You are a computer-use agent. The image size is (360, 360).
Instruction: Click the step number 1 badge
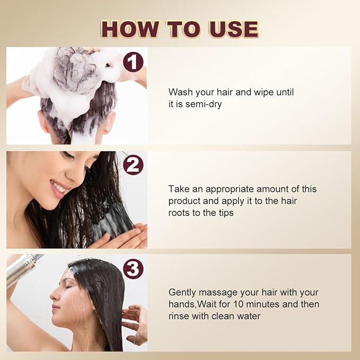coord(133,62)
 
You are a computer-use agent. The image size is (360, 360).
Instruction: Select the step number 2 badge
coord(133,165)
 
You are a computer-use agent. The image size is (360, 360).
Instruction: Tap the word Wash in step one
coord(180,92)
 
